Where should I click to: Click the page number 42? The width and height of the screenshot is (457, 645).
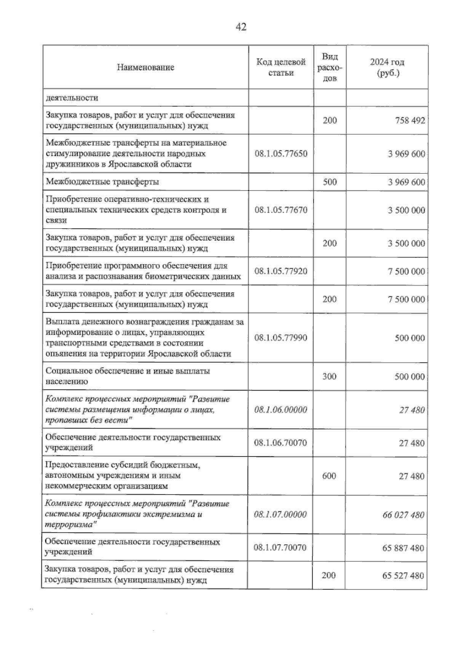click(241, 27)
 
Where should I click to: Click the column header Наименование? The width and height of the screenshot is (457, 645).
click(145, 67)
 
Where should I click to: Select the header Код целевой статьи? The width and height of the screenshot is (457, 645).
click(281, 67)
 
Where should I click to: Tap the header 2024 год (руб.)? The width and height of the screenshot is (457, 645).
click(387, 67)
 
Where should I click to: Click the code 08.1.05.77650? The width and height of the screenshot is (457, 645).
click(281, 154)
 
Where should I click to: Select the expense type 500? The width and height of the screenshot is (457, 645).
click(330, 182)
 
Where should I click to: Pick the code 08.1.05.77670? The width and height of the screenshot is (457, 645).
click(281, 210)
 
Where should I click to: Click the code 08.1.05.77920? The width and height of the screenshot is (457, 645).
click(281, 271)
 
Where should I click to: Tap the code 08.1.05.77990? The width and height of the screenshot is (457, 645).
click(281, 338)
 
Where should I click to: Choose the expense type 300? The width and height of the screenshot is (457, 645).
click(329, 377)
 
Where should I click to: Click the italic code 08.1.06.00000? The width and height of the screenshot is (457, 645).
click(281, 410)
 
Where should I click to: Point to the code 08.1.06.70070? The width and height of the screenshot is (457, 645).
click(281, 443)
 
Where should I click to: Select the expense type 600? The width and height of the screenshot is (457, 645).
click(329, 476)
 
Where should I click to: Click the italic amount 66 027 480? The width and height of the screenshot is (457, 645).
click(403, 515)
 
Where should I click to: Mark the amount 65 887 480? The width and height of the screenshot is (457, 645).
click(403, 548)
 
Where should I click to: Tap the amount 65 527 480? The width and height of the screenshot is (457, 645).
click(403, 576)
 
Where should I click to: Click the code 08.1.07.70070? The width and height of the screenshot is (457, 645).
click(280, 548)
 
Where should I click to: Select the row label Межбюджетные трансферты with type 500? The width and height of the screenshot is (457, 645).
click(102, 182)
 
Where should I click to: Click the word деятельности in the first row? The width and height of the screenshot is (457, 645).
click(72, 98)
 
